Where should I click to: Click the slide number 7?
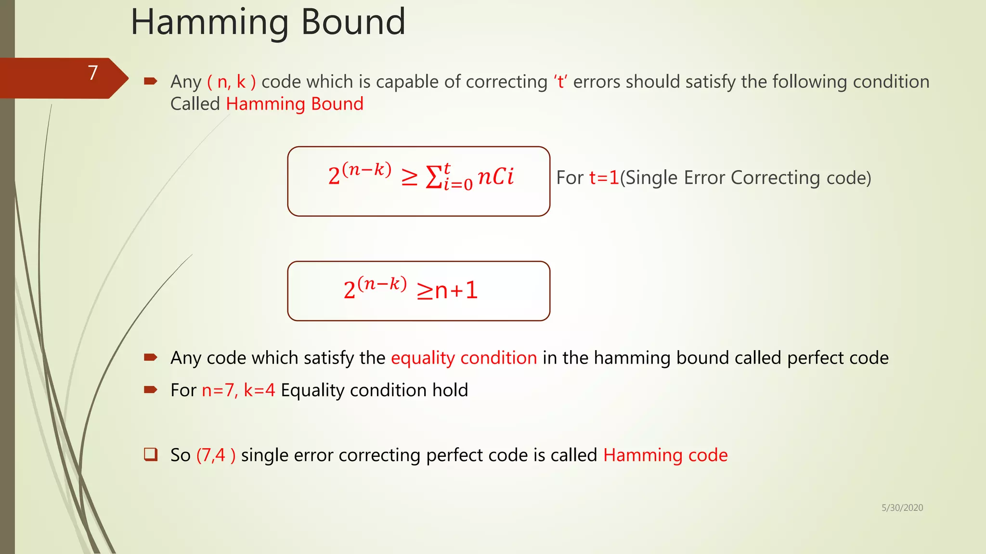click(93, 73)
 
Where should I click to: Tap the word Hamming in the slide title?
click(209, 23)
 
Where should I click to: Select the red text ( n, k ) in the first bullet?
click(232, 82)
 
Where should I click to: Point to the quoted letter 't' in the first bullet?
click(560, 82)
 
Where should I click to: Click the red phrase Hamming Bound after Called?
click(295, 104)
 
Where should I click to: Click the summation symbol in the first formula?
click(434, 177)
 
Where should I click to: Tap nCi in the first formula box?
click(496, 176)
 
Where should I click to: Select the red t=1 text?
click(604, 178)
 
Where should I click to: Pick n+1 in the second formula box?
click(456, 290)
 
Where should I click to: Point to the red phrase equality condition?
click(464, 358)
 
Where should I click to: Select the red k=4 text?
click(259, 390)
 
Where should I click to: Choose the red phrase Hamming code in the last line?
click(665, 455)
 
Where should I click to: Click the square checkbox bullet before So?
click(151, 454)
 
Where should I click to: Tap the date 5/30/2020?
click(902, 508)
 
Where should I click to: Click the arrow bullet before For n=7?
click(151, 390)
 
